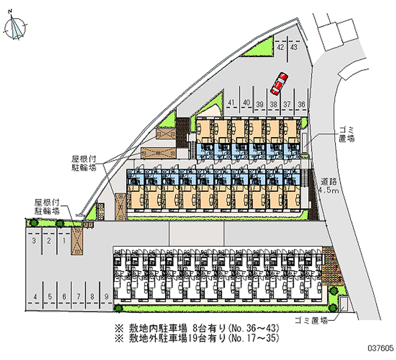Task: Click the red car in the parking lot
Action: pos(279,84)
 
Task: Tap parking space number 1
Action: pos(64,241)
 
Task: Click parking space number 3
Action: pos(34,241)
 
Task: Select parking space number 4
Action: pos(35,296)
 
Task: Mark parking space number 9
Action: pos(106,296)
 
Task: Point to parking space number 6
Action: pos(64,296)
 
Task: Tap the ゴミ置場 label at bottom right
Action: pos(311,320)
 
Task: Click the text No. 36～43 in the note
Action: pos(254,328)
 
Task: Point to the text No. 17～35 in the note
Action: pos(254,338)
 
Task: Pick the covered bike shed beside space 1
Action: pos(77,241)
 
